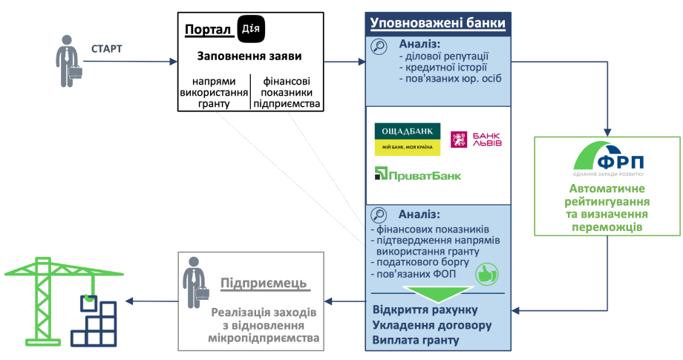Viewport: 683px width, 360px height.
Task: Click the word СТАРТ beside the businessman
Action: click(x=107, y=50)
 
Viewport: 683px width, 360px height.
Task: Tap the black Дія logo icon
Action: click(x=251, y=28)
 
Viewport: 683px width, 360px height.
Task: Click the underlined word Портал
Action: click(x=207, y=30)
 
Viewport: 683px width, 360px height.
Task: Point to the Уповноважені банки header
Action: click(x=438, y=23)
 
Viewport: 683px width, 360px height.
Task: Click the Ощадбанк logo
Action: click(x=407, y=139)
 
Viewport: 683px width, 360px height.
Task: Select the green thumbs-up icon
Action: click(x=486, y=272)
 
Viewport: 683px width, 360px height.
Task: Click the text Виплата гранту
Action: click(x=416, y=341)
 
